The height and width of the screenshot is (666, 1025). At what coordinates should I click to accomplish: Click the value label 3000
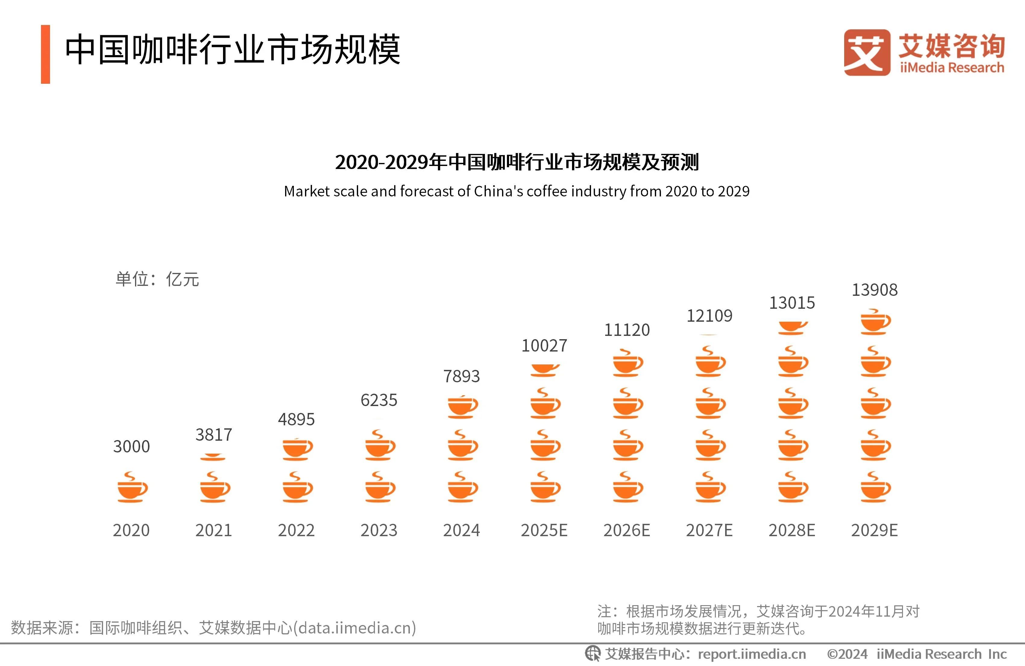131,446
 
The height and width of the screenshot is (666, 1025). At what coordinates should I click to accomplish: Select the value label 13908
875,290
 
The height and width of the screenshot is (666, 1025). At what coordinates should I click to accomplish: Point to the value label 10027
544,345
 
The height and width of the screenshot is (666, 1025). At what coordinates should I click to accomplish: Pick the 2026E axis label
627,530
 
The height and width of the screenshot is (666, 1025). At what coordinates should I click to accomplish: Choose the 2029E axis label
875,530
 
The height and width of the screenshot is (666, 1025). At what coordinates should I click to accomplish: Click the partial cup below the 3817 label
213,457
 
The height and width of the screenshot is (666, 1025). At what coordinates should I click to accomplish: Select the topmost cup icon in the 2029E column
875,322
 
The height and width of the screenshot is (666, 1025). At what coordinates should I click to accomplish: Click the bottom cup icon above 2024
463,487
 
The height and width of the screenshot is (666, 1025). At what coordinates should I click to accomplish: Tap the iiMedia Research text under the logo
952,67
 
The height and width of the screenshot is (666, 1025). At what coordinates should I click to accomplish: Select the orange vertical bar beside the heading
45,54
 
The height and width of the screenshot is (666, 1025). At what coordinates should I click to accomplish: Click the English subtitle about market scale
516,191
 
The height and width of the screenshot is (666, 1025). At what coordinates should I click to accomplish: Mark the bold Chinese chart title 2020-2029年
516,162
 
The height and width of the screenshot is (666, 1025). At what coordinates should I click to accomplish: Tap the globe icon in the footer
592,654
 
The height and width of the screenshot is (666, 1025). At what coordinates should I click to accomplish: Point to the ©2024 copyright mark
847,654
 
